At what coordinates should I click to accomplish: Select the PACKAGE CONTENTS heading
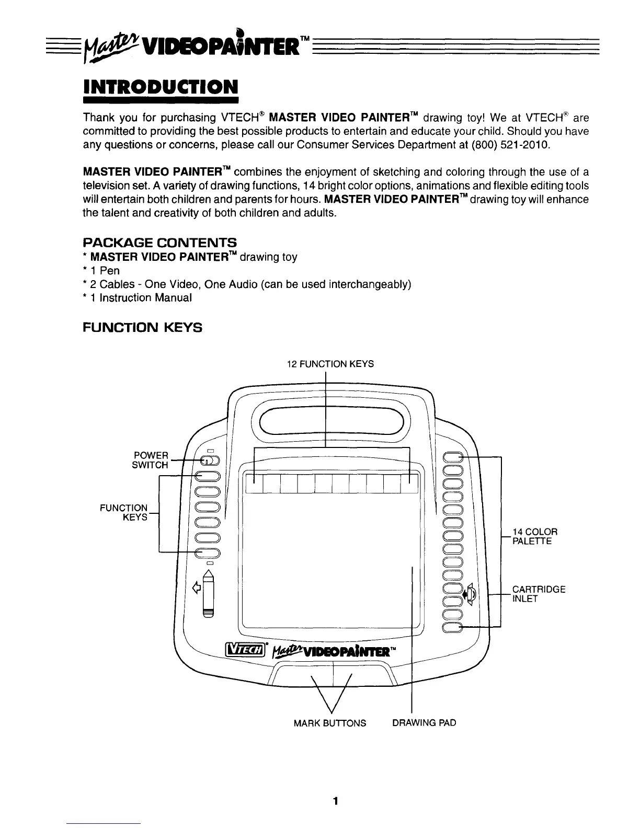(x=160, y=243)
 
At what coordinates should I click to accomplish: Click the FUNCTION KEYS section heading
(x=143, y=328)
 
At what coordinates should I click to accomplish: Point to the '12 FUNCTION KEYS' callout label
(x=330, y=364)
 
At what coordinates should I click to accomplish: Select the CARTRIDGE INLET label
(x=538, y=594)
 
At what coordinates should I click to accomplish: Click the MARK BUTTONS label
(x=330, y=723)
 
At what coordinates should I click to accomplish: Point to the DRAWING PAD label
(x=424, y=723)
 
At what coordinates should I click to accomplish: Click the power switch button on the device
(x=208, y=461)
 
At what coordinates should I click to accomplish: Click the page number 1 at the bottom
(x=336, y=801)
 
